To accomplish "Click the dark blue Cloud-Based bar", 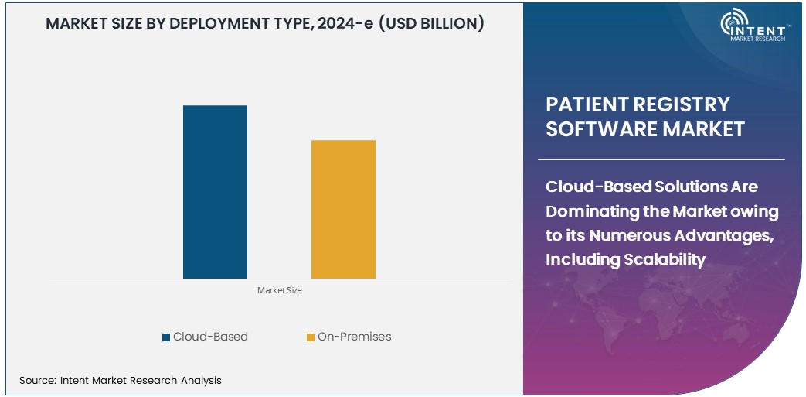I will (215, 191).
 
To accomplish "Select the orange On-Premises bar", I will (343, 209).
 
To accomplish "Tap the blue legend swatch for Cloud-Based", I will (166, 337).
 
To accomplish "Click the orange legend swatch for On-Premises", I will (311, 337).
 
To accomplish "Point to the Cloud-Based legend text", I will (210, 337).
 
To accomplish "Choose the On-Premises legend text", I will (354, 337).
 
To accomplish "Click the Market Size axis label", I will (279, 291).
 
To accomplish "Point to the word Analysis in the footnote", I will (200, 380).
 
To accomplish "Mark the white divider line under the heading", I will (665, 159).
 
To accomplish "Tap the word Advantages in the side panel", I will (724, 235).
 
